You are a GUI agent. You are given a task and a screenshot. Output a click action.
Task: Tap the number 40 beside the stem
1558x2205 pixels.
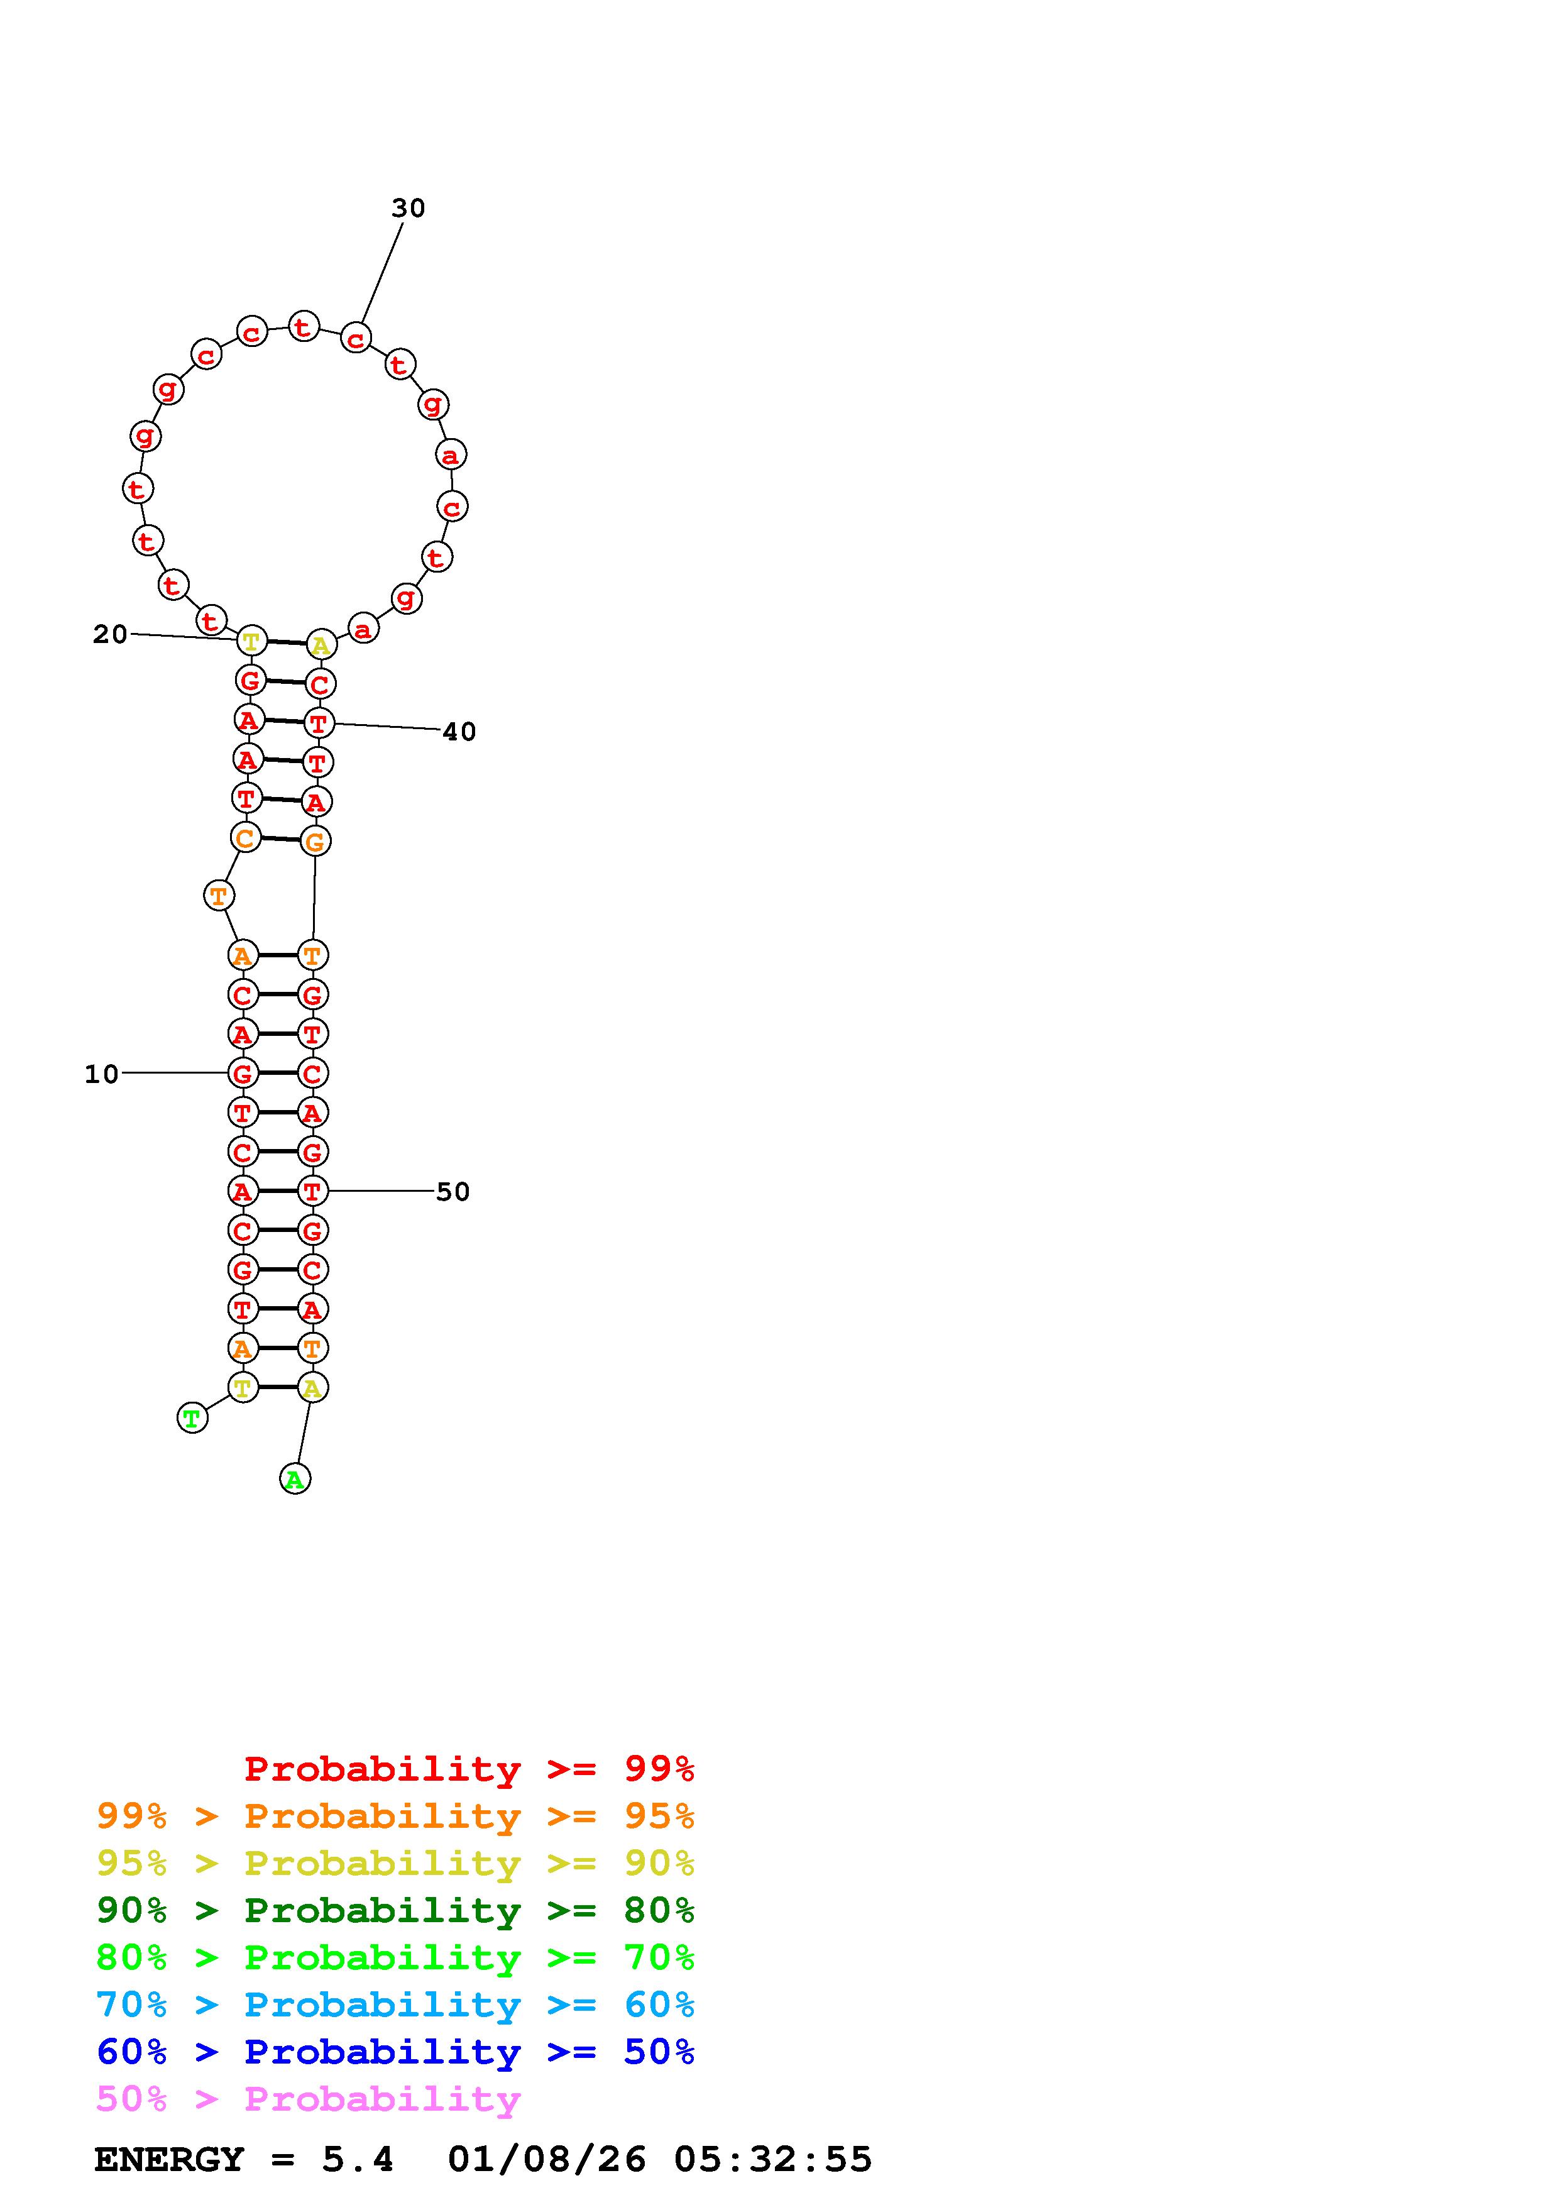[459, 732]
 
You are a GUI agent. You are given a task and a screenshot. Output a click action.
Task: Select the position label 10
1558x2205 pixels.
[102, 1074]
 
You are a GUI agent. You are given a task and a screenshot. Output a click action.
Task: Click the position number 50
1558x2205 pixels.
[453, 1192]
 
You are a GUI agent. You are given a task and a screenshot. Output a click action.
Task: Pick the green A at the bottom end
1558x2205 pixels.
[295, 1479]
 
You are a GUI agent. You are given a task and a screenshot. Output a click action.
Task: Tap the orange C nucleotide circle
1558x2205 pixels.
[246, 839]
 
